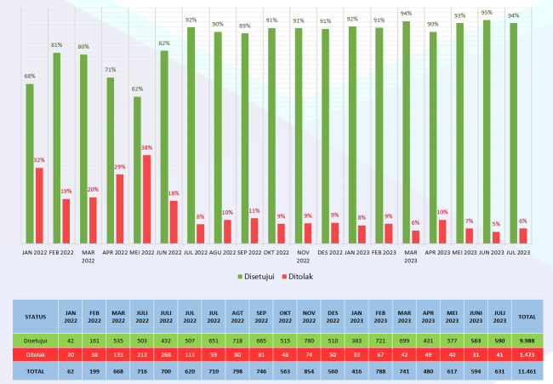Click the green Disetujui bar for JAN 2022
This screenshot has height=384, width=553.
point(30,162)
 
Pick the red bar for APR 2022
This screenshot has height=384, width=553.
point(121,208)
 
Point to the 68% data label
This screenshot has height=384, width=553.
point(30,77)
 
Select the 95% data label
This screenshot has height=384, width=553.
point(487,12)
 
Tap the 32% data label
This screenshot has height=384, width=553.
point(39,160)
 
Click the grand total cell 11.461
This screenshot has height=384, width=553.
point(527,370)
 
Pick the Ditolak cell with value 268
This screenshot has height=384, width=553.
point(166,356)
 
